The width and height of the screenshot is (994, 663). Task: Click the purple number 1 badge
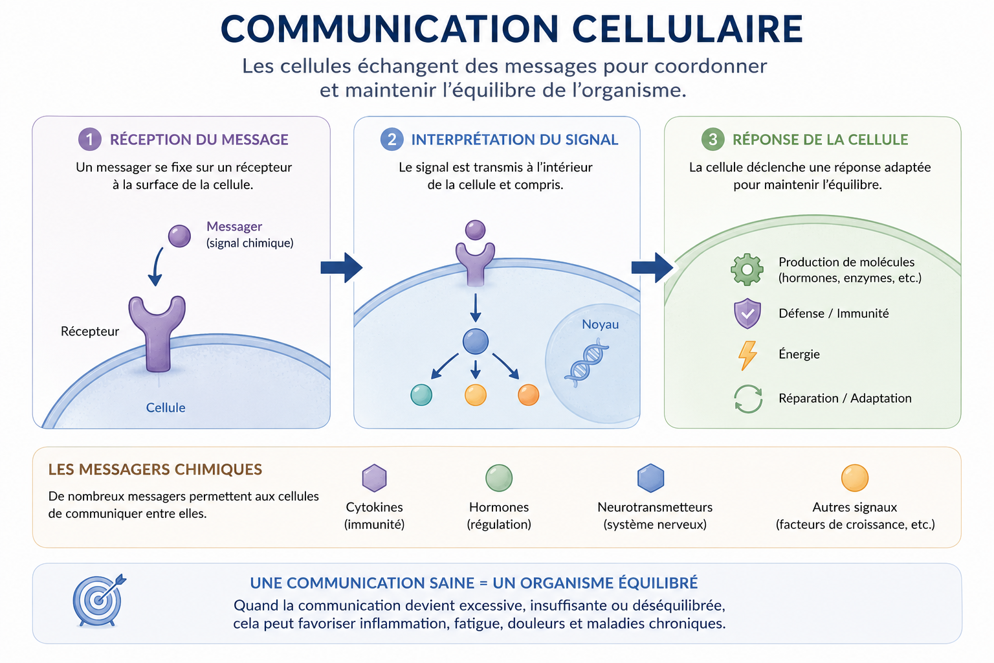90,139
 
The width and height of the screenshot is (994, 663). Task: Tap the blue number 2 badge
392,139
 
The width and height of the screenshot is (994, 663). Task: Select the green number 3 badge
712,139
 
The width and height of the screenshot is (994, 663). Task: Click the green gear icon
747,269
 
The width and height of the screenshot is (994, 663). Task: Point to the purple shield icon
747,313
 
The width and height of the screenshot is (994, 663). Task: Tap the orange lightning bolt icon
747,355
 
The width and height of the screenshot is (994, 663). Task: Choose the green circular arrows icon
748,399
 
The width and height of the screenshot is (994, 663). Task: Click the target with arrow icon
99,600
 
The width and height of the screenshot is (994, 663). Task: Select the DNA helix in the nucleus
587,363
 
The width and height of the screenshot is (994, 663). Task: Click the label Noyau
600,324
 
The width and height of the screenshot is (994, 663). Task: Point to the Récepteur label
90,331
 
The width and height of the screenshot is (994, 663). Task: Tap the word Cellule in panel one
166,408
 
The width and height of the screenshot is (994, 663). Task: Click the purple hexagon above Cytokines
375,478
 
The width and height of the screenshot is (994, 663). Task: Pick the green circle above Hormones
499,478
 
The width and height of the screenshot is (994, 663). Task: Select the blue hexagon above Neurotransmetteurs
650,478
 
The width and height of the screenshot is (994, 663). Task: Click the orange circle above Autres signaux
855,478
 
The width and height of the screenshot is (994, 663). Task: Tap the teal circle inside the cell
421,395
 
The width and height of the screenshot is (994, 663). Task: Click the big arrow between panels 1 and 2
341,268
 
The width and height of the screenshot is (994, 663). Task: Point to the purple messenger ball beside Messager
179,236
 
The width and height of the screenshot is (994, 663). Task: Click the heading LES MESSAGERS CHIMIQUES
155,469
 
